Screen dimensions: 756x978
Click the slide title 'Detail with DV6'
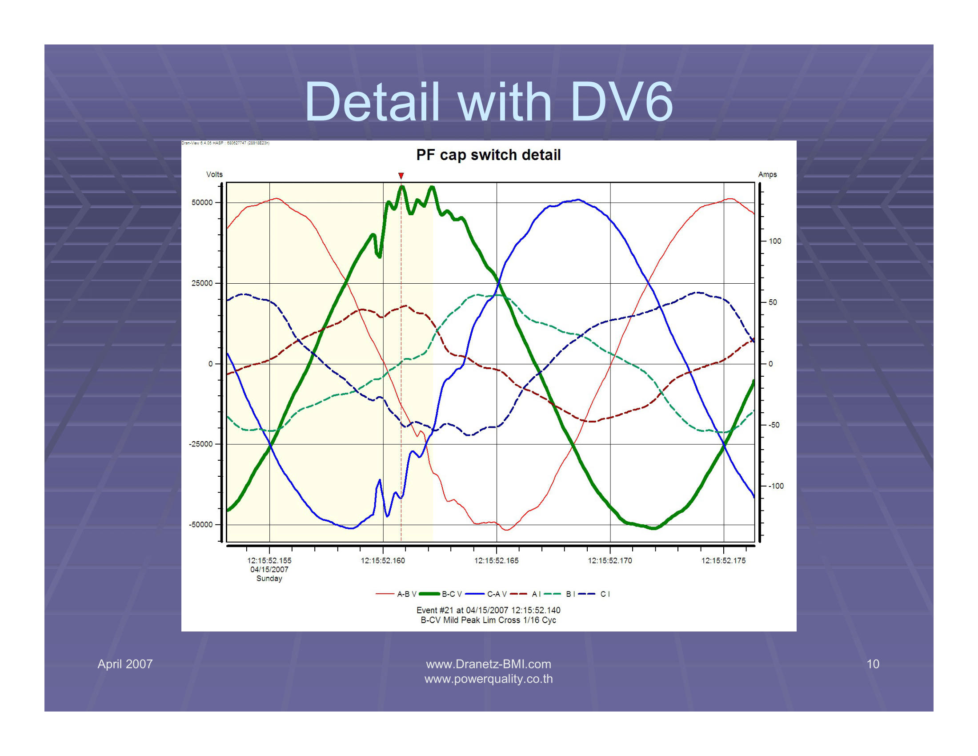(489, 102)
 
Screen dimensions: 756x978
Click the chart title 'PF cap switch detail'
(488, 155)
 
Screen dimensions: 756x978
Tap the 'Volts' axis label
(214, 174)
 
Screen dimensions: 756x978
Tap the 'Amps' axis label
(767, 174)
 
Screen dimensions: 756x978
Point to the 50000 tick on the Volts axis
(202, 202)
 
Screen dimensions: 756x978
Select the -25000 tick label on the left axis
(200, 444)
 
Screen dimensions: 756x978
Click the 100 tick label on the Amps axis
(775, 241)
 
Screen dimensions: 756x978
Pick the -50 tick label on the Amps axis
(774, 425)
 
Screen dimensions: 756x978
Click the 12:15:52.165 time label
(496, 560)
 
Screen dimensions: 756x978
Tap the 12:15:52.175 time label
(723, 560)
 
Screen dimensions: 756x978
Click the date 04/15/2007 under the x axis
(269, 569)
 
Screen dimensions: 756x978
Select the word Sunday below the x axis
(269, 578)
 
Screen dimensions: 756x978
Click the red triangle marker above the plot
(401, 176)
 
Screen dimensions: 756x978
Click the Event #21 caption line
(488, 610)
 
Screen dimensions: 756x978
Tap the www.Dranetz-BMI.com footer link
(488, 664)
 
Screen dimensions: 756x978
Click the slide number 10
(873, 664)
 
